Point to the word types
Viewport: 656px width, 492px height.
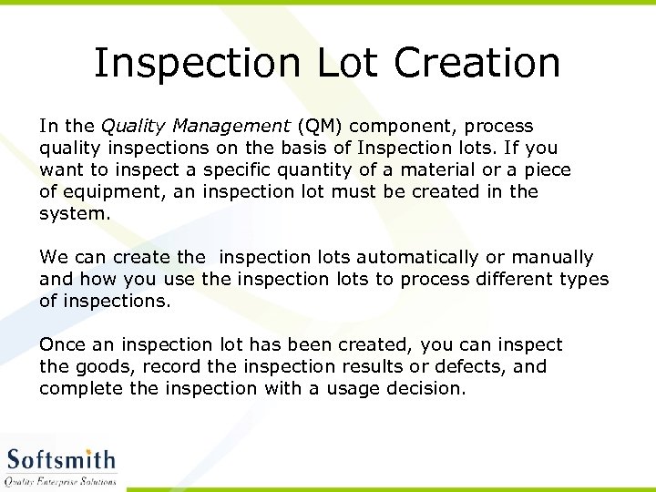click(583, 280)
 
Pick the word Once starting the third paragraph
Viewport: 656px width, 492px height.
click(61, 344)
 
